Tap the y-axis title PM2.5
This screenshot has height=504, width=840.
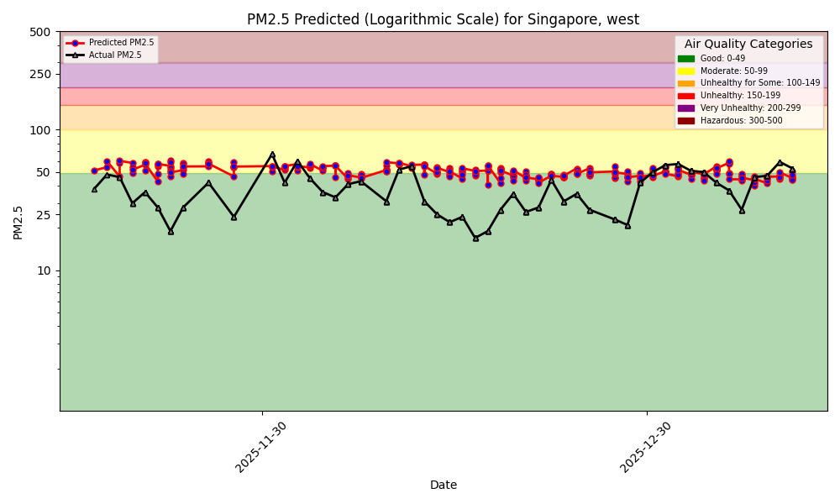point(18,221)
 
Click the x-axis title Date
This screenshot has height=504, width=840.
point(444,485)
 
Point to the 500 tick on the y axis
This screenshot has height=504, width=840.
point(40,32)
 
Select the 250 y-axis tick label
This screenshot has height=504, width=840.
point(40,74)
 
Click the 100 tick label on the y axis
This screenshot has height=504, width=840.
point(40,130)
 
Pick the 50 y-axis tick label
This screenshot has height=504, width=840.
point(43,172)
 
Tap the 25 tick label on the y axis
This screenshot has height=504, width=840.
point(43,215)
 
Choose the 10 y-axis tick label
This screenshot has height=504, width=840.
point(43,270)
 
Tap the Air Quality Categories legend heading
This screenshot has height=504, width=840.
point(748,45)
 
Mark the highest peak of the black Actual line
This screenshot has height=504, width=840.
point(272,155)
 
